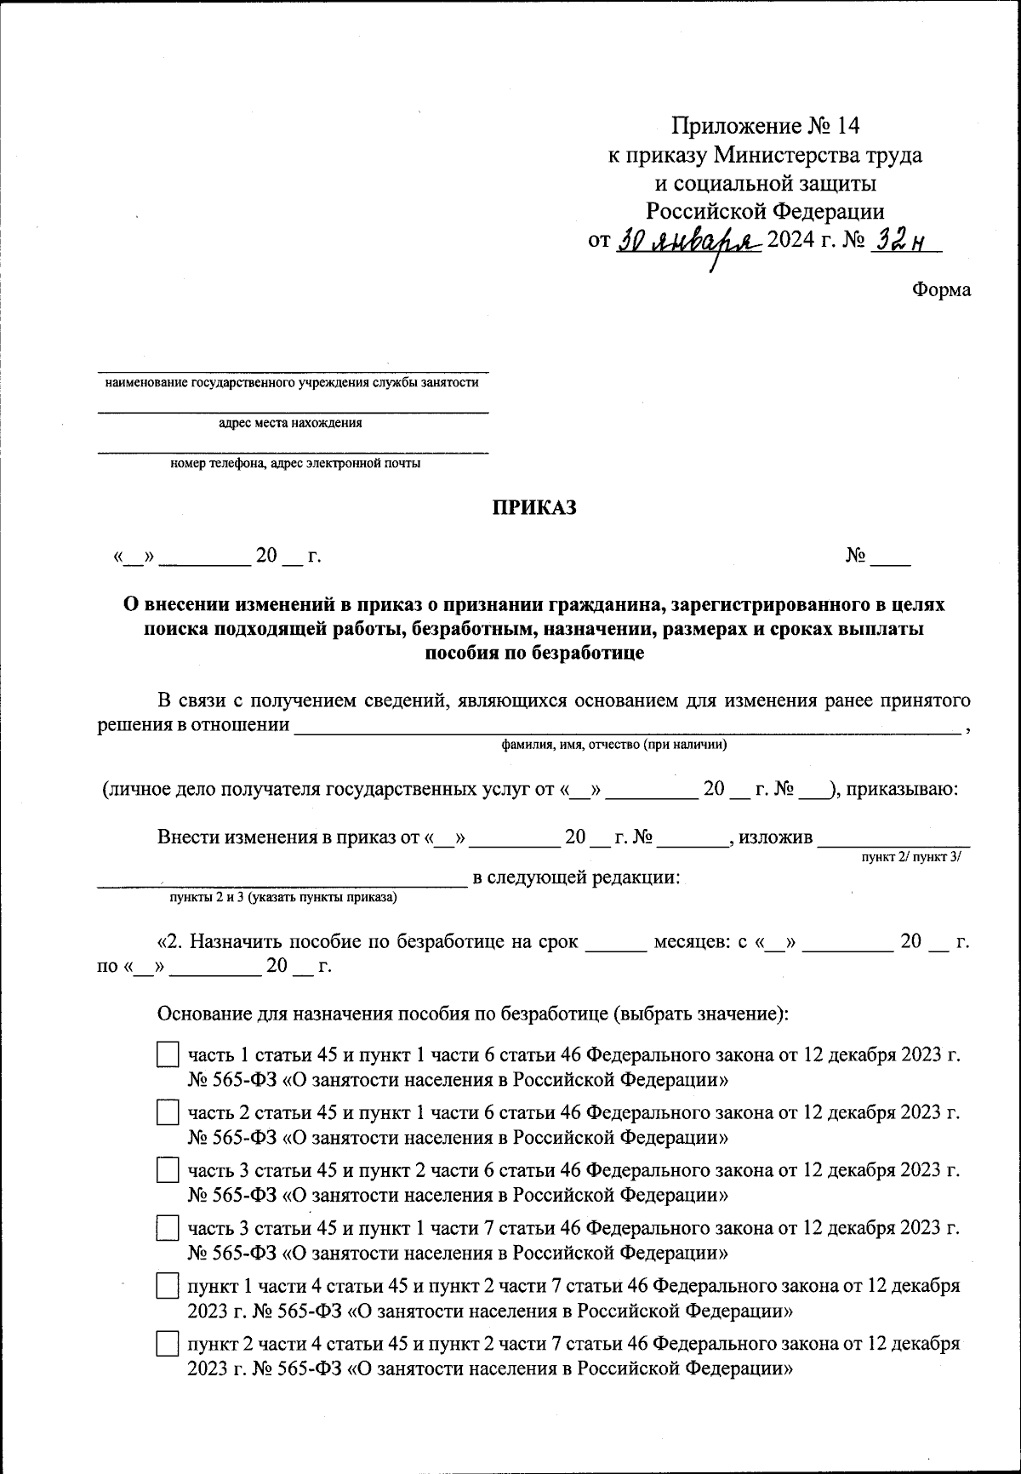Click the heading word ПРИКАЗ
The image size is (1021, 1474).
[x=535, y=508]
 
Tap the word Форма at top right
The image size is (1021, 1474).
[x=941, y=289]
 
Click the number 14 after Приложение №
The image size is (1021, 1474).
[x=848, y=126]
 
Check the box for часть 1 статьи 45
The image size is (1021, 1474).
[x=168, y=1055]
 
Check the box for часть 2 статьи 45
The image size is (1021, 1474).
[x=168, y=1113]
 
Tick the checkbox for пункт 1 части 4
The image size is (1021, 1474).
[x=168, y=1286]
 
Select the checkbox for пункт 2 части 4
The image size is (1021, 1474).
[x=168, y=1344]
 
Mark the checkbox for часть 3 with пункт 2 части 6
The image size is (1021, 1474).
[x=168, y=1170]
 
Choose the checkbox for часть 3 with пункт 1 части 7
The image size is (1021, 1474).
[x=168, y=1228]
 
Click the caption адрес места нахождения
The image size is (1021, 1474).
[x=290, y=423]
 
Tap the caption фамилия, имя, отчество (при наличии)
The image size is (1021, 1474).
[x=613, y=745]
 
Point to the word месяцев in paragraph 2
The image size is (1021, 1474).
[x=687, y=942]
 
